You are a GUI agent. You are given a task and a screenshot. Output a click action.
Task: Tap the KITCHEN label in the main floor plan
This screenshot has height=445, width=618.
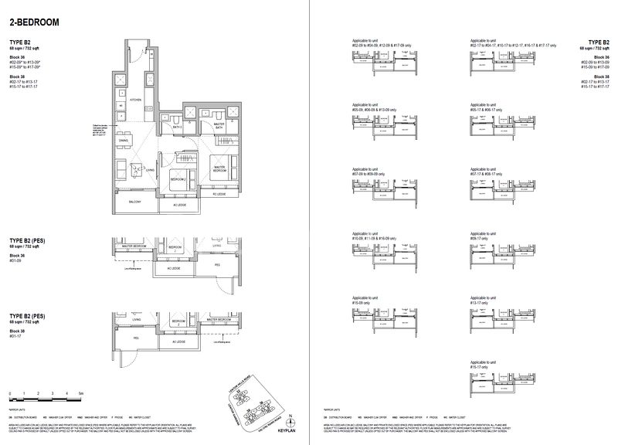click(x=134, y=100)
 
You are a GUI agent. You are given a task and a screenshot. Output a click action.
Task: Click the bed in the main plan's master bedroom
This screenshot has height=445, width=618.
click(x=221, y=165)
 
